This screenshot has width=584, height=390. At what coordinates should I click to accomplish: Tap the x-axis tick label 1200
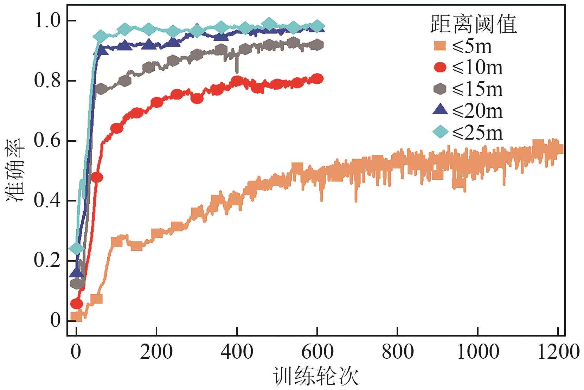point(558,352)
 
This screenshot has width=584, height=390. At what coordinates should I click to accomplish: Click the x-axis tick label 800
point(397,352)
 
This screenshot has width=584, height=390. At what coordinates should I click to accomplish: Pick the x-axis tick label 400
point(237,352)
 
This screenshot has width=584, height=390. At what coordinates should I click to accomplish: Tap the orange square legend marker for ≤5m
point(439,46)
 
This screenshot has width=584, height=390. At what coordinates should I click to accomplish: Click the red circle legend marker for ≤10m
point(439,68)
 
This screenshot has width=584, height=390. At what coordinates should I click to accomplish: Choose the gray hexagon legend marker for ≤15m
point(439,89)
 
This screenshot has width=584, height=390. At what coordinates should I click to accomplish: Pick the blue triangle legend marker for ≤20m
point(439,110)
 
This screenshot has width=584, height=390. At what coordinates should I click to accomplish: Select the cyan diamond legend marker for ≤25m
point(439,132)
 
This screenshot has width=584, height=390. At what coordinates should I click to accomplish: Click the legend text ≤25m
point(477,133)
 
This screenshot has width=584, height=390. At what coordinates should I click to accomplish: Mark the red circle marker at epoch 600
point(317,79)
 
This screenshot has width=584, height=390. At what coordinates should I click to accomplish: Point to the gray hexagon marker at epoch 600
point(317,45)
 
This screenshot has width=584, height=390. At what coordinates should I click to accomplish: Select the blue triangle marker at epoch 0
point(77,272)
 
